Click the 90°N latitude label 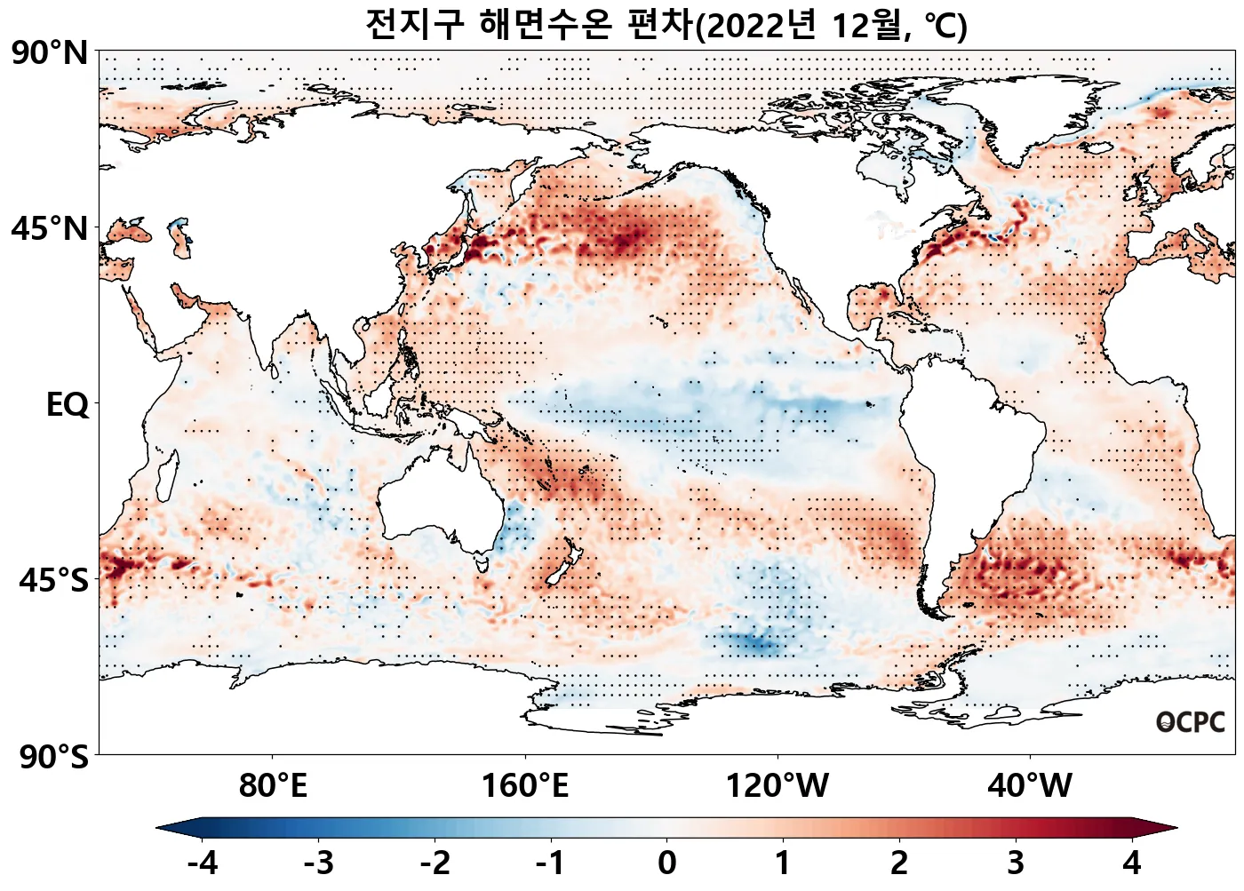pyautogui.click(x=50, y=53)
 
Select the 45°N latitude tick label pyautogui.click(x=50, y=229)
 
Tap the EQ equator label pyautogui.click(x=68, y=405)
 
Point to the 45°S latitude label pyautogui.click(x=53, y=581)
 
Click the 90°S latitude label pyautogui.click(x=53, y=757)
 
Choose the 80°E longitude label pyautogui.click(x=273, y=786)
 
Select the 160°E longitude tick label pyautogui.click(x=525, y=786)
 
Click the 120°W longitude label pyautogui.click(x=777, y=786)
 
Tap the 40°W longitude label pyautogui.click(x=1030, y=786)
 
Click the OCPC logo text pyautogui.click(x=1191, y=722)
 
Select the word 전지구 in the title pyautogui.click(x=414, y=25)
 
